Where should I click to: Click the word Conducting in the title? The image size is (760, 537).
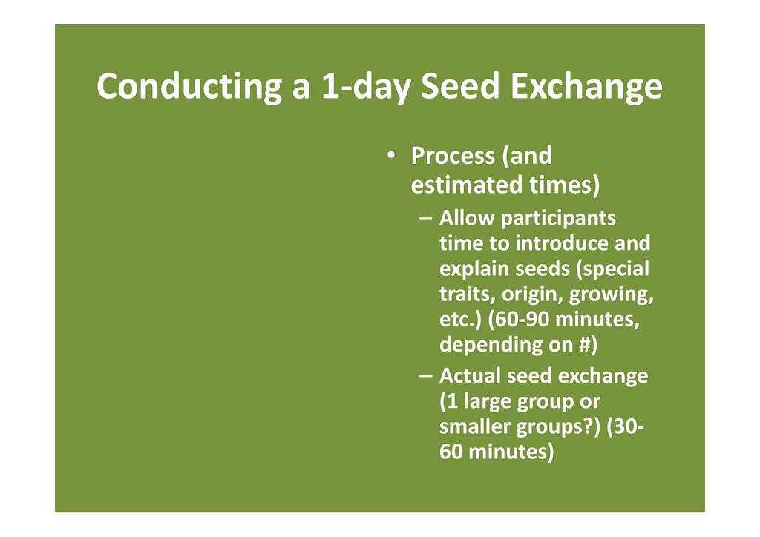[189, 87]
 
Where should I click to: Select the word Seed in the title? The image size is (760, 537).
[460, 86]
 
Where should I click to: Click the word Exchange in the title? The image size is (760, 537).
[586, 88]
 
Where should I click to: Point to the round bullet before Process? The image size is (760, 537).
[390, 155]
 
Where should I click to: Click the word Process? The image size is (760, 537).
[453, 156]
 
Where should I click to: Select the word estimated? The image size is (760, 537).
[466, 185]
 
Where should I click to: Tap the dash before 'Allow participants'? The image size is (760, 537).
[425, 218]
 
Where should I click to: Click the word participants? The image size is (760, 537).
[558, 219]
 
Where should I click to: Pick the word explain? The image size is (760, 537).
[473, 269]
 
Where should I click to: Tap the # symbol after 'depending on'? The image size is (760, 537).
[585, 344]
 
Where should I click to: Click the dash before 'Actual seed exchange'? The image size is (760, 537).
[425, 376]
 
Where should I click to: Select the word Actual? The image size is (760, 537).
[471, 376]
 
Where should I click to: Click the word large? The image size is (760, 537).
[488, 402]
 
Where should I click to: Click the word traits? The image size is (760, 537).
[468, 294]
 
